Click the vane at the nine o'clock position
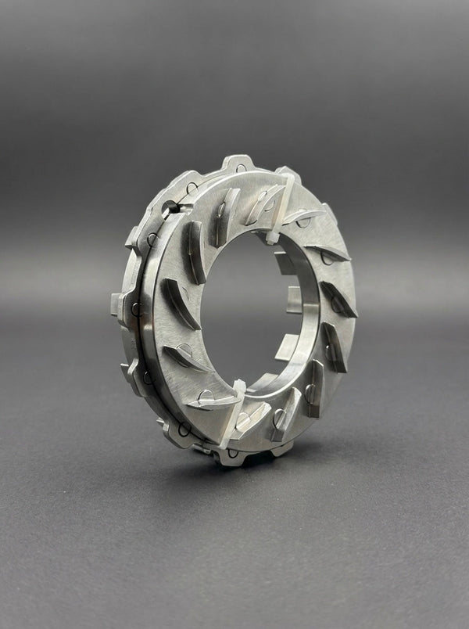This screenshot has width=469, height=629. [178, 302]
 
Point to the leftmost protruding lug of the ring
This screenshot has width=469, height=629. [120, 301]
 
